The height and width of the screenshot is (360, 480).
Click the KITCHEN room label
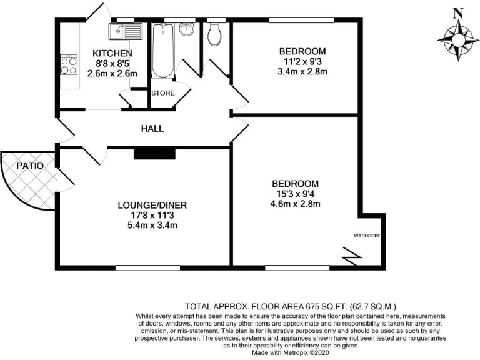[112, 53]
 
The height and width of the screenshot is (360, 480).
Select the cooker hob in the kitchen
[68, 65]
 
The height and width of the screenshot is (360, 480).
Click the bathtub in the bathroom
[162, 51]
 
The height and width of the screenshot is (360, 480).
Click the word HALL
[152, 129]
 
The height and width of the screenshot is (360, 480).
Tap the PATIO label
[29, 166]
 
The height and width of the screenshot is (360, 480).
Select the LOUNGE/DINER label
[152, 205]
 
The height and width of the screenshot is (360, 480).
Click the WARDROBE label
[367, 236]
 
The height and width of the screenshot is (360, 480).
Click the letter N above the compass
[457, 12]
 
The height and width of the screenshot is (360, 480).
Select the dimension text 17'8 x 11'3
[152, 215]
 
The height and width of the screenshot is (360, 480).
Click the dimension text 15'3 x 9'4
[295, 194]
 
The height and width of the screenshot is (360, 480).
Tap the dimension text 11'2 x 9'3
[303, 61]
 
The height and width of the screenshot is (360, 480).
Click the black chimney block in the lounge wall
[147, 152]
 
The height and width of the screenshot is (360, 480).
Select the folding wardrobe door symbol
[351, 255]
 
